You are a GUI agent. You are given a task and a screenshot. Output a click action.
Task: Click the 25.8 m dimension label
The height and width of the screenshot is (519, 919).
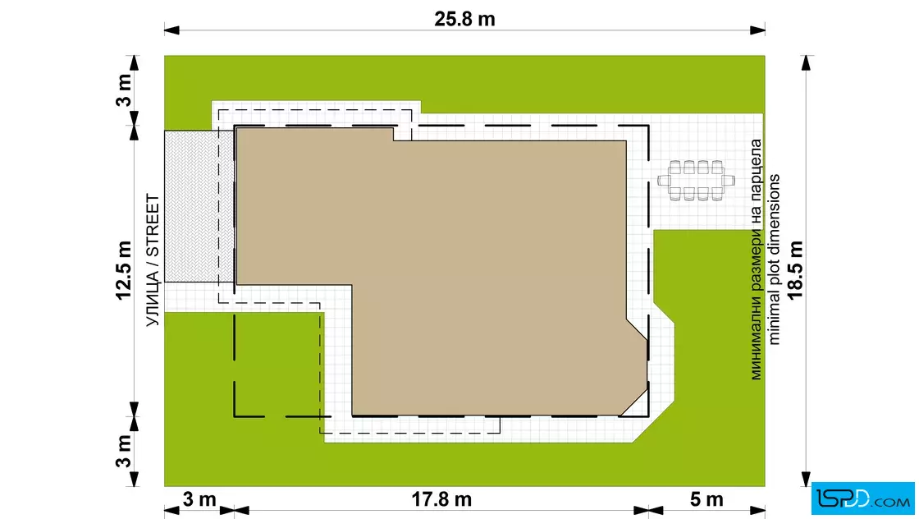(464, 19)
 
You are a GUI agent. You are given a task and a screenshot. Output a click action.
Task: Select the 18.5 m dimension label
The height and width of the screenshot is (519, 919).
(795, 269)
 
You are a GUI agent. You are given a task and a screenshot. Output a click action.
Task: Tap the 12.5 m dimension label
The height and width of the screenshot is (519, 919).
(124, 270)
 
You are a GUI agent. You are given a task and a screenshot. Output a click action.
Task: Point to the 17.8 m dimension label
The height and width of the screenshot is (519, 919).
(441, 499)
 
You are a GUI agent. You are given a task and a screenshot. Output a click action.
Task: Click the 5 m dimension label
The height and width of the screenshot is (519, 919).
(706, 499)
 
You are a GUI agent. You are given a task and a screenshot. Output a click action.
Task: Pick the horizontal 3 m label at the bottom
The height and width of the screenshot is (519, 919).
(199, 499)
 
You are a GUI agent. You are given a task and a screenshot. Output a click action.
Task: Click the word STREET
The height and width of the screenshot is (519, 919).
(153, 226)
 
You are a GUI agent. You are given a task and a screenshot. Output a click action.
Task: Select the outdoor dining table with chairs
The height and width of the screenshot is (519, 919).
(696, 181)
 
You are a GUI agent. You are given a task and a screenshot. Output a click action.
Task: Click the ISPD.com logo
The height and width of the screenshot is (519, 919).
(862, 499)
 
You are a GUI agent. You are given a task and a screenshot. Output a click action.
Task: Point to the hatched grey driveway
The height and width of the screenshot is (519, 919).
(199, 206)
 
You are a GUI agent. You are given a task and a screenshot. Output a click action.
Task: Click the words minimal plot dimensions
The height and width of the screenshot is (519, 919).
(775, 259)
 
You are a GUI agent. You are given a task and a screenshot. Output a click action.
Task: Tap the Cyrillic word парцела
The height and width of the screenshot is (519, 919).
(756, 161)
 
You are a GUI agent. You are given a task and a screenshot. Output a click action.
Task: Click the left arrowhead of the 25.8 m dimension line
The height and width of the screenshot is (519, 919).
(171, 30)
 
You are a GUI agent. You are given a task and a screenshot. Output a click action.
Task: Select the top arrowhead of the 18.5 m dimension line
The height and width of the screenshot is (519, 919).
(807, 62)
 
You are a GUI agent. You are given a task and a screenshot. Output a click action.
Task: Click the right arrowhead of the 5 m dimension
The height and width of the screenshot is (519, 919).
(758, 510)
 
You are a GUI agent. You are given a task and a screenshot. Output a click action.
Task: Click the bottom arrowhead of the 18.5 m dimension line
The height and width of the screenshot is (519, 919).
(807, 479)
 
